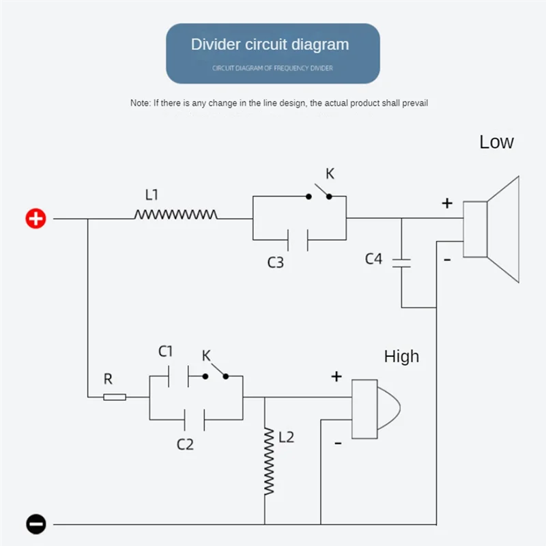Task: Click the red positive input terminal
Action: tap(35, 219)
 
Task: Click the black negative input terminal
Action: tap(35, 524)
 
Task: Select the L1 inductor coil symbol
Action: tap(175, 215)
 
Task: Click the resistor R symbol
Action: tap(115, 397)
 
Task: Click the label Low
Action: tap(496, 142)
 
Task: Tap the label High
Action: tap(401, 356)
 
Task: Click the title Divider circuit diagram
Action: tap(270, 45)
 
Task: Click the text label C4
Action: tap(373, 259)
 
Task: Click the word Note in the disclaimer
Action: tap(139, 103)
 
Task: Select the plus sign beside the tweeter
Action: tap(336, 377)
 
